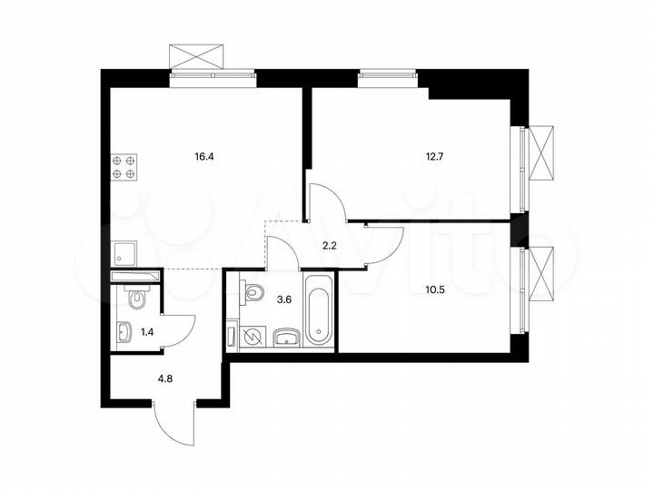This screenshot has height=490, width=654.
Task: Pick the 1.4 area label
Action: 146,333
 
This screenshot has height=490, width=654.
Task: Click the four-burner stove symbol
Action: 124,166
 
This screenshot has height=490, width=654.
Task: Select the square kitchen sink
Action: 124,250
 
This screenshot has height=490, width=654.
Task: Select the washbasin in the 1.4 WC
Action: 124,333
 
